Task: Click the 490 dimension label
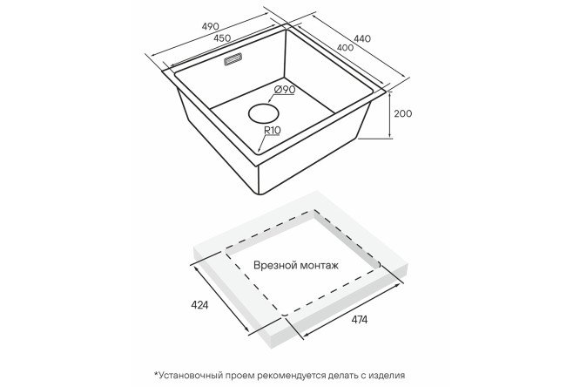(211, 26)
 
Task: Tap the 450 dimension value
(221, 38)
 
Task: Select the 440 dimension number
(362, 38)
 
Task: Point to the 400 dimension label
(345, 48)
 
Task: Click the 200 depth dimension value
(402, 113)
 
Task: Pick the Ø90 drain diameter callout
(285, 90)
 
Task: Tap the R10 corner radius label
(273, 131)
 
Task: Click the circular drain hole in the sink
(264, 113)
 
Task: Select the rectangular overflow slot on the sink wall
(233, 60)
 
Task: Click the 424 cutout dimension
(199, 305)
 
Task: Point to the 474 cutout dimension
(359, 319)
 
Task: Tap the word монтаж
(320, 266)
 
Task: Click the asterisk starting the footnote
(156, 373)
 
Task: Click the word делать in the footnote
(341, 375)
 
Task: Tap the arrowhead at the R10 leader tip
(259, 151)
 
